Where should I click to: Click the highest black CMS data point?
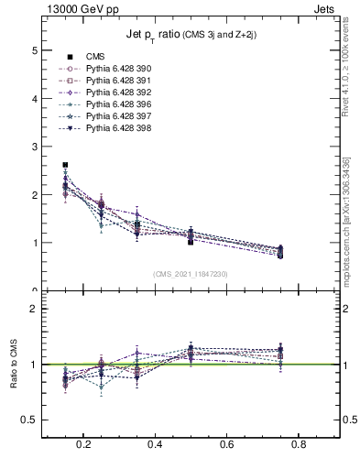click(x=65, y=165)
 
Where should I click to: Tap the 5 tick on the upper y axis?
click(x=36, y=49)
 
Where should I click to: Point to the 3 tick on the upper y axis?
click(x=36, y=147)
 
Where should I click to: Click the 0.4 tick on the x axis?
click(x=155, y=445)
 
